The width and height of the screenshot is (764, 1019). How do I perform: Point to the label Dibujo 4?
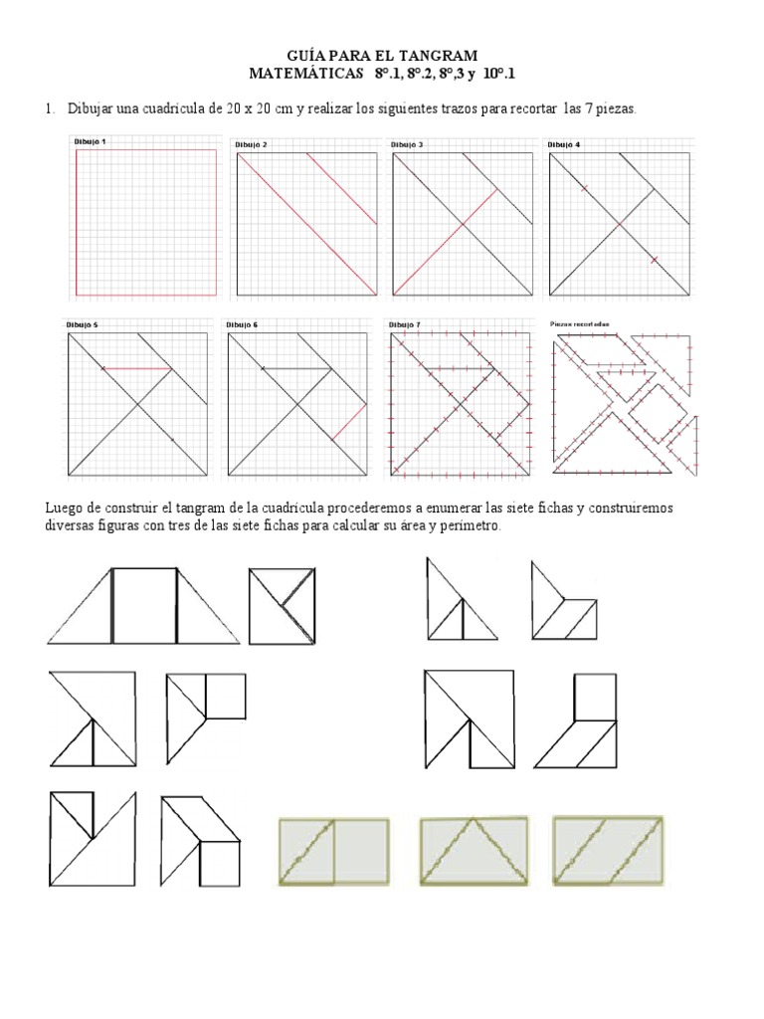[x=564, y=144]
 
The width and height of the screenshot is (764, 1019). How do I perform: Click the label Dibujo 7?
[x=405, y=324]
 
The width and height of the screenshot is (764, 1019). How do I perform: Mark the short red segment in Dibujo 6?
[x=344, y=423]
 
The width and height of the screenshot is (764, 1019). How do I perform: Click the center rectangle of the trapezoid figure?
[x=144, y=606]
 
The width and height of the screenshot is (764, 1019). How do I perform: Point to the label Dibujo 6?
[x=242, y=324]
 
